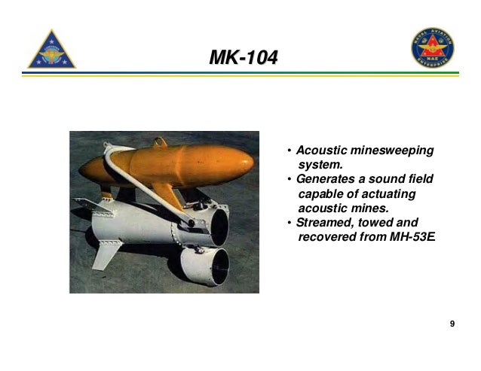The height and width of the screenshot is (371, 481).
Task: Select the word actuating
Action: (390, 194)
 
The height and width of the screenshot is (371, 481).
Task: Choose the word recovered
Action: (326, 237)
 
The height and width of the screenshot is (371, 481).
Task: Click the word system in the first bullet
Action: (320, 165)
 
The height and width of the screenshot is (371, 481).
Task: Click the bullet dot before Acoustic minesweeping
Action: (290, 151)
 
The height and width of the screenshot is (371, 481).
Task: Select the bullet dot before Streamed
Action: (290, 223)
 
